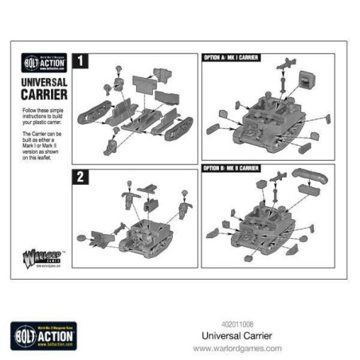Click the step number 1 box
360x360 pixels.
click(x=79, y=61)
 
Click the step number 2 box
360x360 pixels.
click(x=79, y=177)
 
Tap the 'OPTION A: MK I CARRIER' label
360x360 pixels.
click(x=233, y=57)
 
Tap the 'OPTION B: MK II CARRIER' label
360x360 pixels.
click(x=233, y=168)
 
